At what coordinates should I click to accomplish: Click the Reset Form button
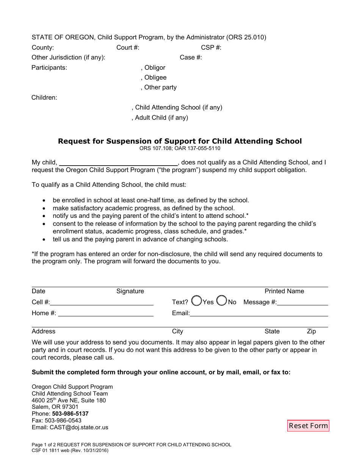click(308, 425)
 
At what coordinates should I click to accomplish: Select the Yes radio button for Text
click(197, 301)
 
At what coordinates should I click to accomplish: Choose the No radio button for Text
click(222, 301)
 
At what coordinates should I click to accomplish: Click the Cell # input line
click(102, 302)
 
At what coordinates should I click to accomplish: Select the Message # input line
click(302, 302)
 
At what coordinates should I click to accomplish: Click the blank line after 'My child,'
click(118, 163)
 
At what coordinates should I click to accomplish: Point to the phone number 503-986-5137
click(70, 414)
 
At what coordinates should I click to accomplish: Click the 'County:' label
click(43, 48)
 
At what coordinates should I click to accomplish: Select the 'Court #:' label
click(128, 48)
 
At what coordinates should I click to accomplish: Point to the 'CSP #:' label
click(211, 48)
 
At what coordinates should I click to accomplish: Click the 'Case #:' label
click(191, 58)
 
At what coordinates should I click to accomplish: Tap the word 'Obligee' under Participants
click(155, 78)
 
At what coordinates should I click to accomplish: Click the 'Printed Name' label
click(284, 291)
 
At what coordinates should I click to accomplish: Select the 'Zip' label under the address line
click(311, 332)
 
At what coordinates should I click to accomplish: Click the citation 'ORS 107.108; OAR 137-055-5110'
click(180, 149)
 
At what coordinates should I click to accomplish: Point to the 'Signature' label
click(130, 291)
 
